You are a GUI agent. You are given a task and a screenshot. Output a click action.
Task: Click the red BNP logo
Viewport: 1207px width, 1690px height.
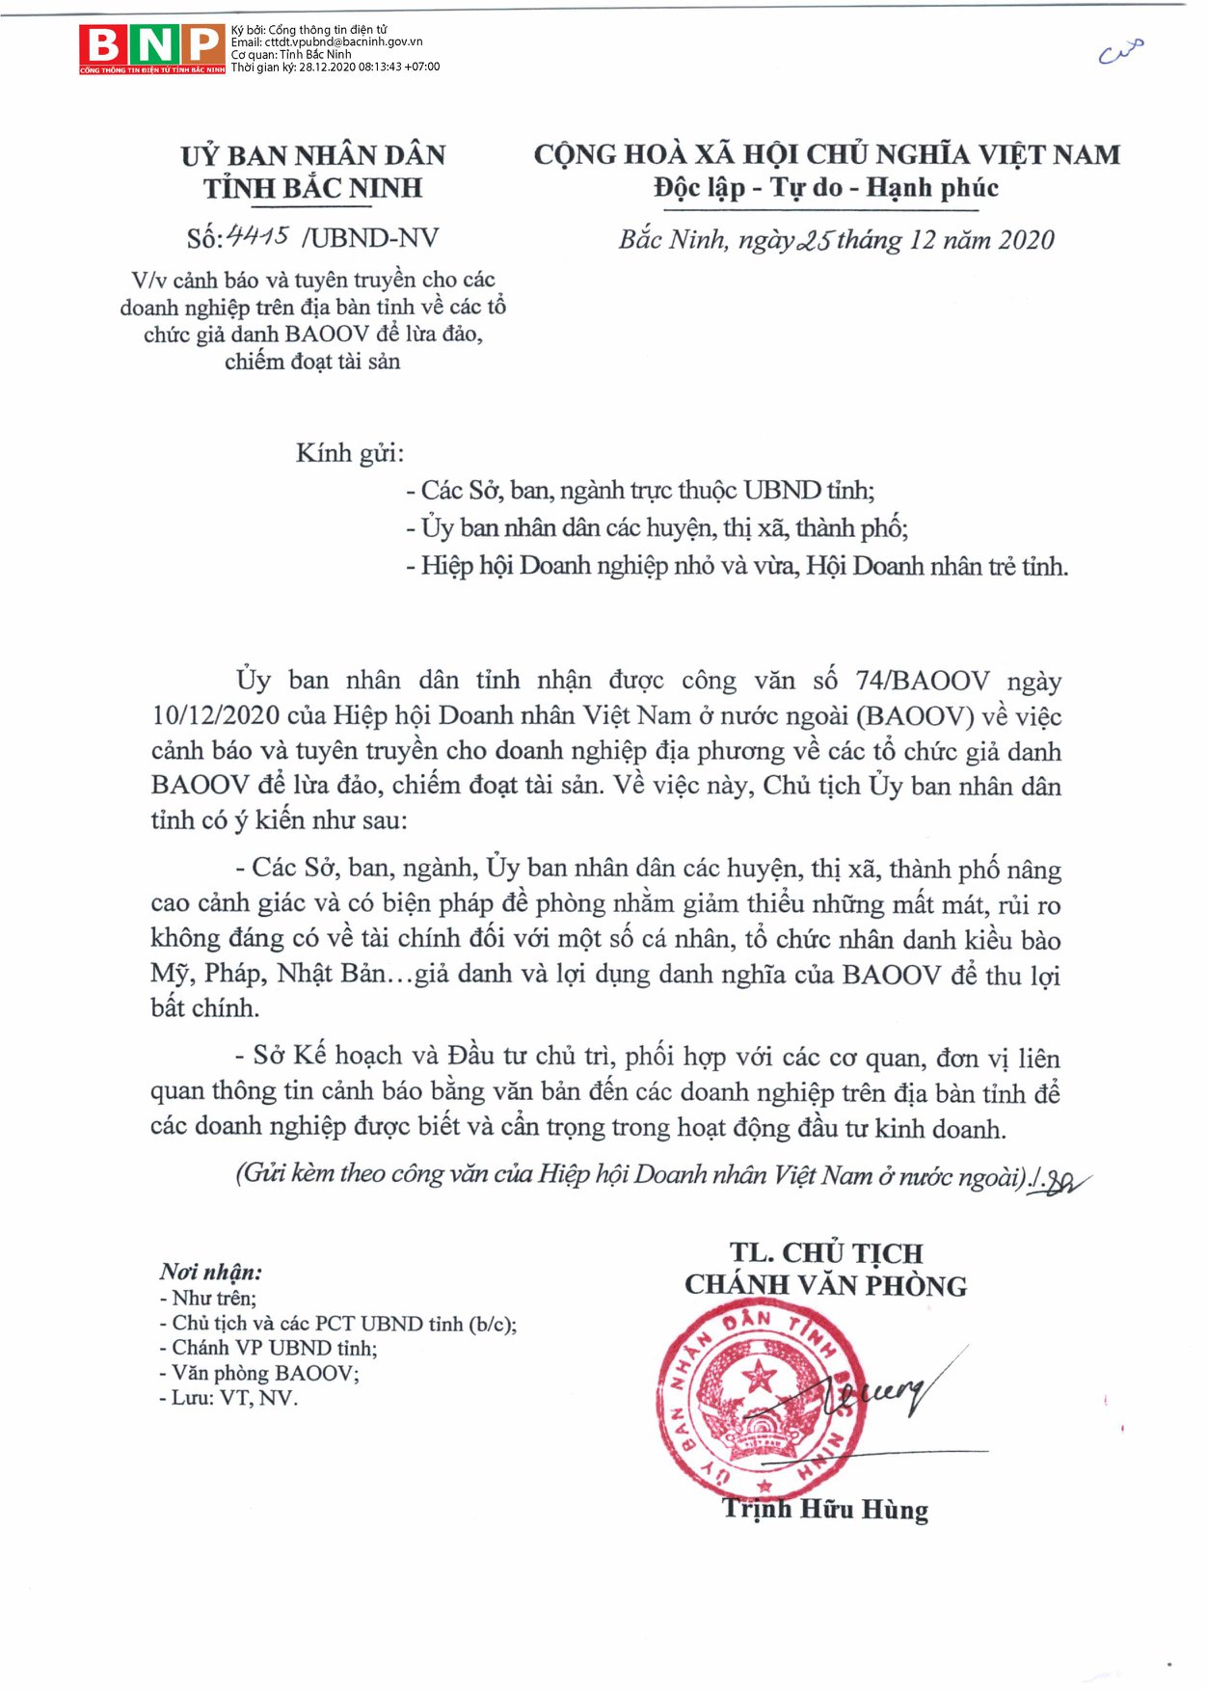(152, 47)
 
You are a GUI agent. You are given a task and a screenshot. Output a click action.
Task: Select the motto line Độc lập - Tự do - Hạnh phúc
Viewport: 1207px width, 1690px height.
(826, 188)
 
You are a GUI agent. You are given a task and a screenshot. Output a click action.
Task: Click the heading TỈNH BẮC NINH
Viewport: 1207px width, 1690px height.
(312, 188)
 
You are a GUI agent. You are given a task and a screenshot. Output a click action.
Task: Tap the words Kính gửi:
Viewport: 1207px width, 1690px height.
(350, 453)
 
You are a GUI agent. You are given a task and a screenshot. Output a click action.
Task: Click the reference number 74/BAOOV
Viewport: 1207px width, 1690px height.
(922, 681)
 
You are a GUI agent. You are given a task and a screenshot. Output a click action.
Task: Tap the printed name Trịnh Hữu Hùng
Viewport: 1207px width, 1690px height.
(826, 1509)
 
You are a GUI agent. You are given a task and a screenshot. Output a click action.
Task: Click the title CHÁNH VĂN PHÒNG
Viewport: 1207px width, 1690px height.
(826, 1285)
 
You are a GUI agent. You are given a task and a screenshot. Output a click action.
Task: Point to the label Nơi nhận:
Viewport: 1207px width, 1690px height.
(211, 1272)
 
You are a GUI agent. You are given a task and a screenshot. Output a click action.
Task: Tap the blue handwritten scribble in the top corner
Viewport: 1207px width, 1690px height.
(1121, 51)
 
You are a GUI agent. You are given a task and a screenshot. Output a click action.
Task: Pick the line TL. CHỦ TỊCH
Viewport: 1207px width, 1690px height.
(826, 1252)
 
